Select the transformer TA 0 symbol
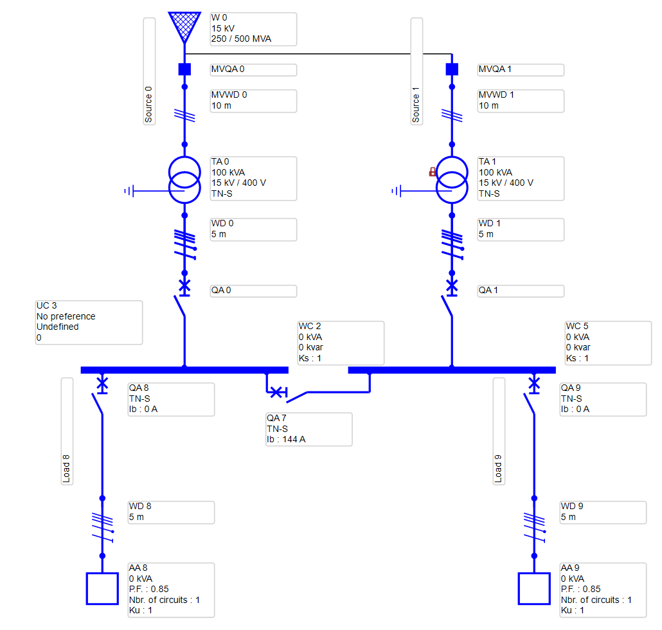click(x=184, y=179)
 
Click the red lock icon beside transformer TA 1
click(x=433, y=172)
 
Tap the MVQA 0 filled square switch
click(x=184, y=69)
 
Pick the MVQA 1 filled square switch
click(x=452, y=69)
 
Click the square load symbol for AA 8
click(x=102, y=588)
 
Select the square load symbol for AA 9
click(x=534, y=588)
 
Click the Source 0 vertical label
click(x=148, y=71)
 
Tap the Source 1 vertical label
click(x=416, y=71)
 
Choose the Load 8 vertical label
click(x=67, y=431)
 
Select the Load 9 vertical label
click(x=499, y=431)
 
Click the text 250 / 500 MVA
click(x=241, y=39)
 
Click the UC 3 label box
click(x=89, y=321)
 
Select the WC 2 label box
click(x=341, y=343)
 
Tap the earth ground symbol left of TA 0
click(x=130, y=191)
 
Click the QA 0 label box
click(x=253, y=291)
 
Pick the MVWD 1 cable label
click(x=521, y=100)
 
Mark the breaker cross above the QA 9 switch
click(x=534, y=384)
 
